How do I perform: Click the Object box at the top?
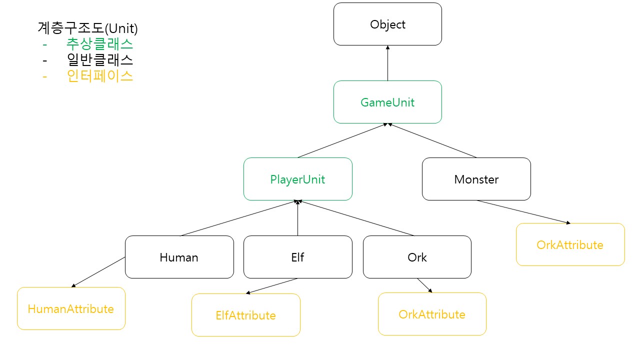pyautogui.click(x=387, y=24)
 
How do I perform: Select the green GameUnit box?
pyautogui.click(x=387, y=102)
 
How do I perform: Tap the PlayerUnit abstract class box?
pyautogui.click(x=297, y=179)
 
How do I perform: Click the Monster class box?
pyautogui.click(x=476, y=179)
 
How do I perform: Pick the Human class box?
pyautogui.click(x=179, y=257)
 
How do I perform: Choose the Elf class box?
pyautogui.click(x=297, y=257)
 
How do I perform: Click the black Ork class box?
pyautogui.click(x=417, y=257)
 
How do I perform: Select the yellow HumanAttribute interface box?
pyautogui.click(x=71, y=308)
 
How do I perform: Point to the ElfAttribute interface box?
pyautogui.click(x=245, y=315)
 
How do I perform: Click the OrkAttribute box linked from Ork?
pyautogui.click(x=432, y=314)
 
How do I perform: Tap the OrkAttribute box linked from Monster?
pyautogui.click(x=570, y=244)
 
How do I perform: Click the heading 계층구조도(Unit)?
pyautogui.click(x=87, y=27)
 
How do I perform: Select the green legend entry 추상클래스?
pyautogui.click(x=99, y=44)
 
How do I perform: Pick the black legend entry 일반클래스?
pyautogui.click(x=99, y=60)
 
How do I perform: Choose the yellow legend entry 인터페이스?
pyautogui.click(x=99, y=76)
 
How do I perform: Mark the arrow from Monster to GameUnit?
pyautogui.click(x=433, y=140)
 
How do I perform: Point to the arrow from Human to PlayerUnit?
pyautogui.click(x=239, y=218)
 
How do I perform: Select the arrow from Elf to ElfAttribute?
pyautogui.click(x=271, y=286)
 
